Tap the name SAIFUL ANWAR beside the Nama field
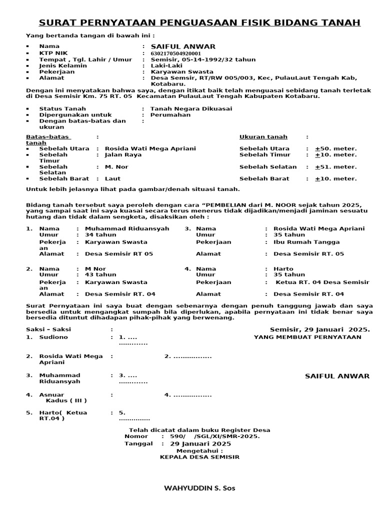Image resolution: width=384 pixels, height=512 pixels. point(179,46)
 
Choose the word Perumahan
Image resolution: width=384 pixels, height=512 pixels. point(170,114)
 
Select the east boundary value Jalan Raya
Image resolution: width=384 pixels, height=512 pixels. point(123,154)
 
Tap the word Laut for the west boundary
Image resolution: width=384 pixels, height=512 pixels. point(112,178)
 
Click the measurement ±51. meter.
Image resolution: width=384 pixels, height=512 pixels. point(335,167)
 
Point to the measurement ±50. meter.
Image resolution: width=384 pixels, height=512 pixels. point(335,148)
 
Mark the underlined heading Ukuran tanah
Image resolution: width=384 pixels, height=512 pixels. point(263,136)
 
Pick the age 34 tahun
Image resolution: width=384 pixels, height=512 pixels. point(100,234)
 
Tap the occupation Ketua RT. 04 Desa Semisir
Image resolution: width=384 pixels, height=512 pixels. point(322,282)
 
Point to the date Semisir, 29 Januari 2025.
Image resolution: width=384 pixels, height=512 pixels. point(319,329)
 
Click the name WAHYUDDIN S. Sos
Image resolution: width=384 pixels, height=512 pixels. point(199,488)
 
